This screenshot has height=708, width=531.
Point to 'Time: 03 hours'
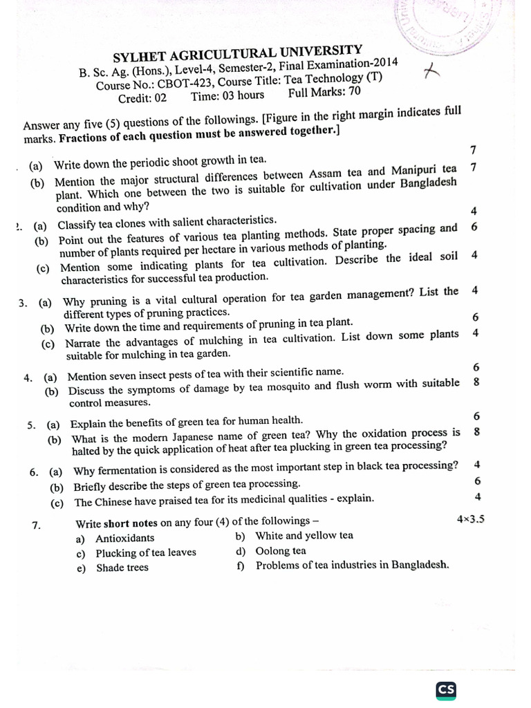pos(227,96)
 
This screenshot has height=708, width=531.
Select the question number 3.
pos(24,302)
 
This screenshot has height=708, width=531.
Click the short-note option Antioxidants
pos(125,538)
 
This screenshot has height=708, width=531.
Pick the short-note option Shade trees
pos(122,568)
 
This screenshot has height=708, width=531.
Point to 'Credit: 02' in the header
pos(142,98)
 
